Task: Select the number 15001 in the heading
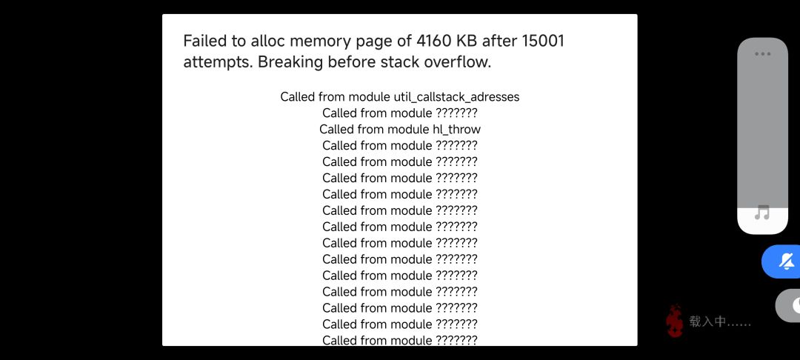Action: pyautogui.click(x=544, y=41)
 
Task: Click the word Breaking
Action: pyautogui.click(x=290, y=62)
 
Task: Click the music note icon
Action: pyautogui.click(x=762, y=212)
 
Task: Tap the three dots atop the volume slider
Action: pyautogui.click(x=763, y=53)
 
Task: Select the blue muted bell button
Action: pyautogui.click(x=781, y=261)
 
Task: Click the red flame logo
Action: pyautogui.click(x=674, y=321)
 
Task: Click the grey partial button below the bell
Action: pyautogui.click(x=787, y=305)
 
